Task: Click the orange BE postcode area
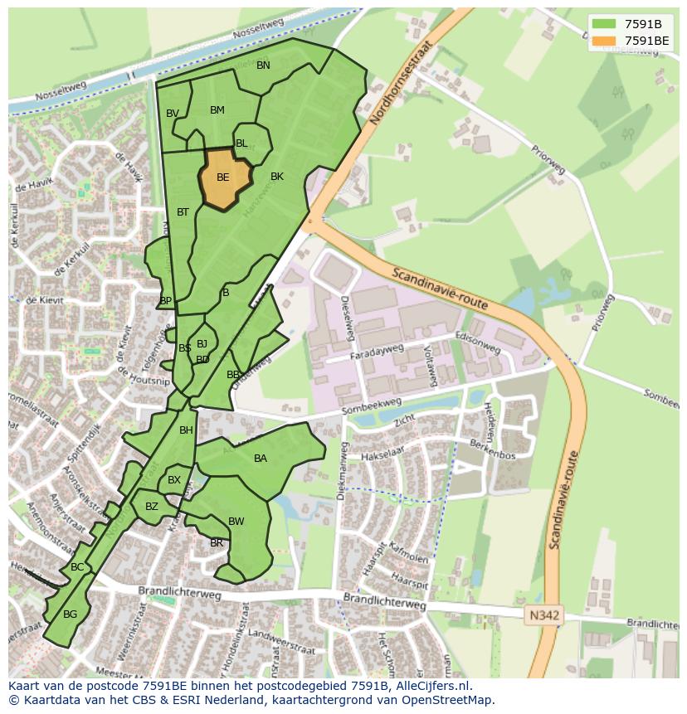tap(224, 178)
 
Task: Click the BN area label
tap(263, 66)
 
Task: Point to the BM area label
tap(217, 110)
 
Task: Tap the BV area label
tap(173, 114)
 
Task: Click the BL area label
tap(241, 143)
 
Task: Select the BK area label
tap(277, 177)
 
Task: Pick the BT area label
tap(183, 212)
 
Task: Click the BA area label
tap(261, 459)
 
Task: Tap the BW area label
tap(236, 522)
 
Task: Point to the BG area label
tap(70, 614)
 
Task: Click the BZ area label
tap(152, 507)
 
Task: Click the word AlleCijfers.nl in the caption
tap(430, 687)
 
